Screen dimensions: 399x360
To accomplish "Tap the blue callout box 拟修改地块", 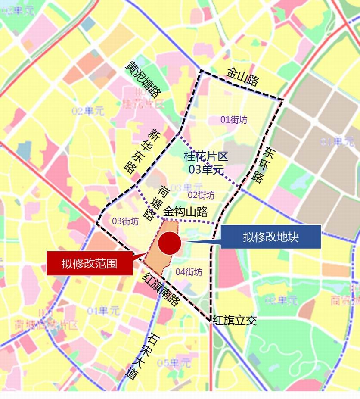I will coord(270,237).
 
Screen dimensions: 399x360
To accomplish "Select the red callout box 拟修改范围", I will coord(89,262).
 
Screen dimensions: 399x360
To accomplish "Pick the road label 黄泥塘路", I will coord(143,79).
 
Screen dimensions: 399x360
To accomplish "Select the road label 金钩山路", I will coord(186,212).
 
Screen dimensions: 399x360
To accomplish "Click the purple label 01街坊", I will coord(234,120).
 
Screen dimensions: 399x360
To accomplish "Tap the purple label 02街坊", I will coord(201,195).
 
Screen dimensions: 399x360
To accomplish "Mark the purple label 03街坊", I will coord(125,221).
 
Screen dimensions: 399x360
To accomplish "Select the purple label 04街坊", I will coord(189,272).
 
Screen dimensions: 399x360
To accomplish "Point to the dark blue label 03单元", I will coord(206,169).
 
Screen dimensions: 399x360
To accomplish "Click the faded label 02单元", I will coord(88,111).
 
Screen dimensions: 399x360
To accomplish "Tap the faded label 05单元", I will coord(174,363).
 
